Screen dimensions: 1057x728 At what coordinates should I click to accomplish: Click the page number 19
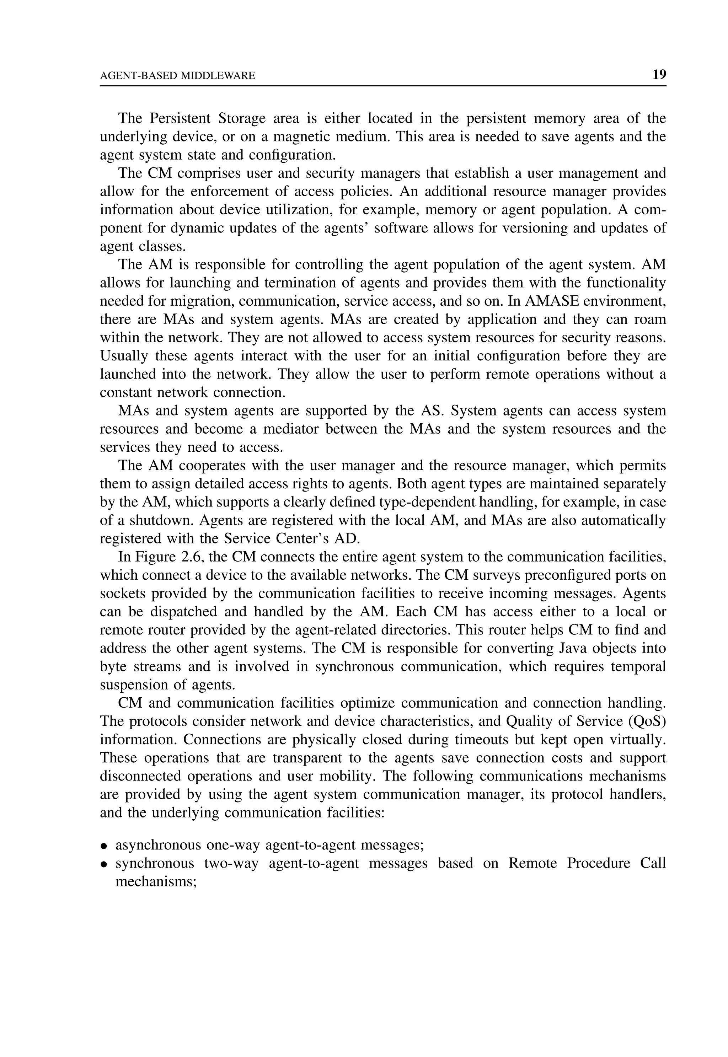(659, 75)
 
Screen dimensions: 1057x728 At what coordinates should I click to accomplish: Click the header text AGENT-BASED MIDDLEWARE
(177, 76)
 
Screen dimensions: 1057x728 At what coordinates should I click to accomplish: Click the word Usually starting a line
(124, 356)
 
